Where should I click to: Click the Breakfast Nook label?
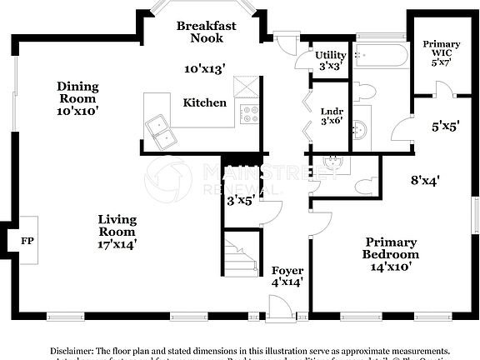point(206,32)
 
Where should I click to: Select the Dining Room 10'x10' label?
point(77,98)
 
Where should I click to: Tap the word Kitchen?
point(205,102)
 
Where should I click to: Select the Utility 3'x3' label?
point(331,60)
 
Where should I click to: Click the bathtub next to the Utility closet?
point(380,57)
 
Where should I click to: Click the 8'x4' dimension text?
point(425,178)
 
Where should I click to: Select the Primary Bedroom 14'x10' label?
point(390,253)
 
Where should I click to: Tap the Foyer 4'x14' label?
point(287,277)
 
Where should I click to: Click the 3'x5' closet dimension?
point(240,200)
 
